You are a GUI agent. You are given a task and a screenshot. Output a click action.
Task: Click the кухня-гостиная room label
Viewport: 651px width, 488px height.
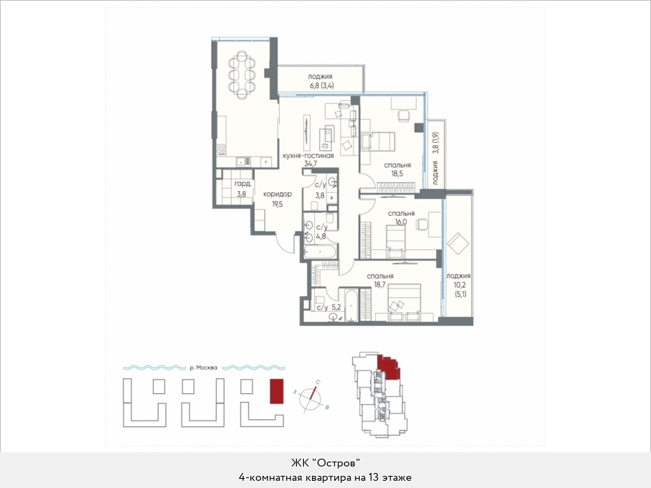click(x=308, y=156)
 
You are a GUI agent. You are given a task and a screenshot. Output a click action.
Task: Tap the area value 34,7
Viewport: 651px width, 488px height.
click(x=310, y=163)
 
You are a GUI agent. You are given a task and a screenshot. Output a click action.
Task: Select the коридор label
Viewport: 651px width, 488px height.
click(x=277, y=193)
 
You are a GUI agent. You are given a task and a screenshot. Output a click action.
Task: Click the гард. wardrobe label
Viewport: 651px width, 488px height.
click(x=242, y=184)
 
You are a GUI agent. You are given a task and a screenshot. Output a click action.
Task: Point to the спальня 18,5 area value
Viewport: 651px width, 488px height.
click(x=397, y=174)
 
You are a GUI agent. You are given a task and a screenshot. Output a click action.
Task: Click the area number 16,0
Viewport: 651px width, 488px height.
click(x=401, y=222)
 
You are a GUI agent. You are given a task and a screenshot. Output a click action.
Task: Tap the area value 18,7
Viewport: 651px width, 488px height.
click(x=380, y=284)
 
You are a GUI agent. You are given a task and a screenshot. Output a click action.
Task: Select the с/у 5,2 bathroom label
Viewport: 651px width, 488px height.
click(x=328, y=307)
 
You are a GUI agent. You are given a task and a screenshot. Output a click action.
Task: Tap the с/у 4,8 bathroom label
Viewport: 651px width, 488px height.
click(x=322, y=232)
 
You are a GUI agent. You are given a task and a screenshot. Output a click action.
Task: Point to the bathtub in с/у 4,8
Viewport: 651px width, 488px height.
click(x=320, y=252)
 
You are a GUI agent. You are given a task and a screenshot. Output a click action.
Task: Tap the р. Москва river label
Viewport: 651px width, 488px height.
click(x=204, y=368)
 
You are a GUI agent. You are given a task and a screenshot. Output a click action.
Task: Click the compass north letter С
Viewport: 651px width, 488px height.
click(x=318, y=382)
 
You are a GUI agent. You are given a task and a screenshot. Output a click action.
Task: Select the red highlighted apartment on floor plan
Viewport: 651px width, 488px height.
click(x=388, y=368)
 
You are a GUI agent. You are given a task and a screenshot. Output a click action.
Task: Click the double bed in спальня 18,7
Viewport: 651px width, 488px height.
click(x=404, y=302)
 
